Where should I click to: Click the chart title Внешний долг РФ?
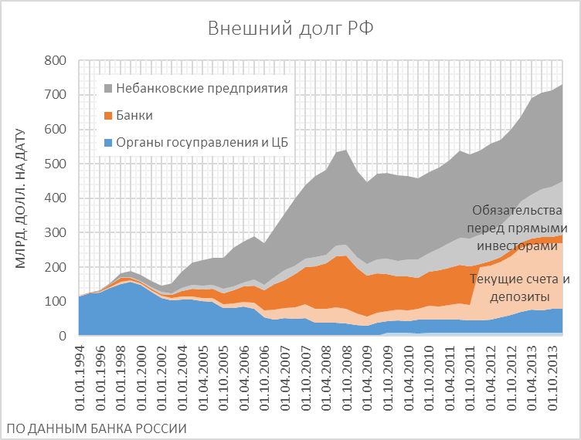coord(290,29)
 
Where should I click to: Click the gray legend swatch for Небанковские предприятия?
coord(107,88)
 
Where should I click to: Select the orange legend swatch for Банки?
coord(107,116)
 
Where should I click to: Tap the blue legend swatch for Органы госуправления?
coord(107,143)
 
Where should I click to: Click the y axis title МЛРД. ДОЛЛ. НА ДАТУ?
coord(21,198)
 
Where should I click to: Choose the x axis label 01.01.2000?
coord(140,374)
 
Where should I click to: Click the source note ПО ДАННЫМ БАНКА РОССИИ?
coord(97,427)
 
